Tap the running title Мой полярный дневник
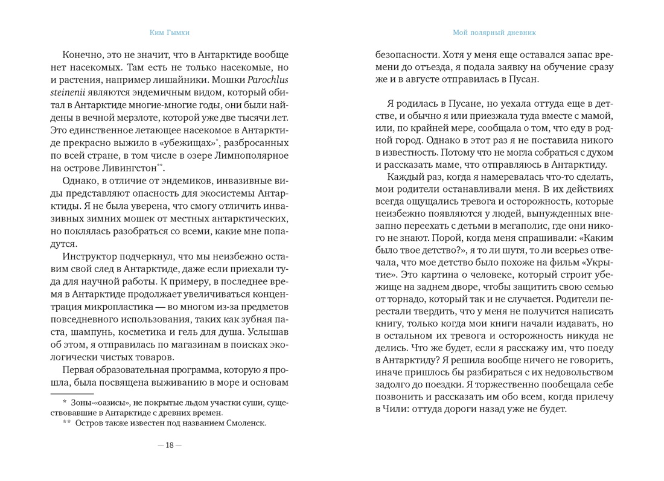[494, 33]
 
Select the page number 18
[169, 445]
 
